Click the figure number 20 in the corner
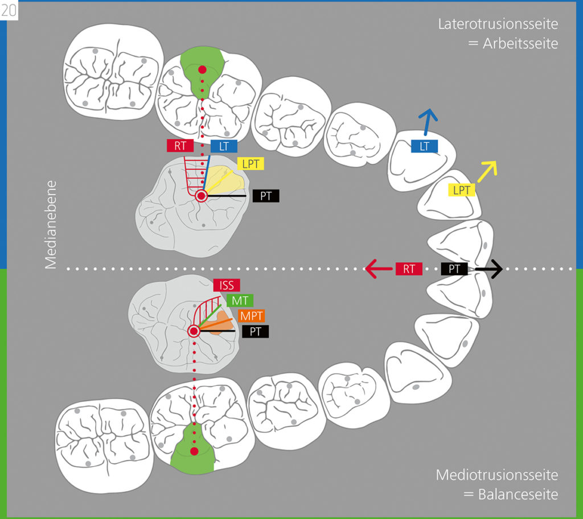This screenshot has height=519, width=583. [9, 10]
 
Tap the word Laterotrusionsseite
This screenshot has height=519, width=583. [498, 24]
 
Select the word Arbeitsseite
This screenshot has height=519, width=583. [520, 44]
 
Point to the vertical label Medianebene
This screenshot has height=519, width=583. [51, 225]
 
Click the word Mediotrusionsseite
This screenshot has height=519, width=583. [496, 475]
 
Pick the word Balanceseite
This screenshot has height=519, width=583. [518, 495]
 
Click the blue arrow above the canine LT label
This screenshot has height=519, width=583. [427, 122]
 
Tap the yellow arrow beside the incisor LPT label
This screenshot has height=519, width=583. [487, 171]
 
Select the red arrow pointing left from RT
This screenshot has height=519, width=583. [379, 269]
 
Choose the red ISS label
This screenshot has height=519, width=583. [227, 285]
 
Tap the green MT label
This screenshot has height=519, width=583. [240, 300]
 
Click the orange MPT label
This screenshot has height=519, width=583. [251, 316]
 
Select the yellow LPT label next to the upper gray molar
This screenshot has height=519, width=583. [251, 163]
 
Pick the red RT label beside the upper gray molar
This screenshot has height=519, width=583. [180, 146]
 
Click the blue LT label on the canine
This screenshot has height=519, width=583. [424, 146]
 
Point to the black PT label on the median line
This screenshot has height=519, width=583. [454, 269]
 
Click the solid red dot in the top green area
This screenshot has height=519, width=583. [202, 69]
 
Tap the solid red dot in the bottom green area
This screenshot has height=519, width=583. [194, 451]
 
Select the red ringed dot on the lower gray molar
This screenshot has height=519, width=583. [194, 331]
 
